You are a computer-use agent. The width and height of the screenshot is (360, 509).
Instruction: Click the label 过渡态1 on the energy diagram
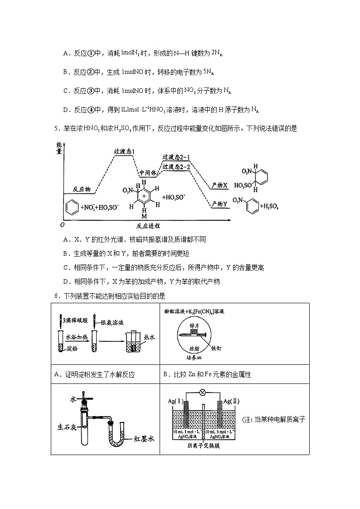(125, 151)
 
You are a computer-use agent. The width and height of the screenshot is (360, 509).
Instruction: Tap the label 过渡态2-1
(176, 157)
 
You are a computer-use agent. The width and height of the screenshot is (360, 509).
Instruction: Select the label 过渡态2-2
(176, 167)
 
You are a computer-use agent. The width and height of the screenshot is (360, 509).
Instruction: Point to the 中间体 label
(148, 173)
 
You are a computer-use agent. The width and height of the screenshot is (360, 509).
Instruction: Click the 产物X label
(219, 186)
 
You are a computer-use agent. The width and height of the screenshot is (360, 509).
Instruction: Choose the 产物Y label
(219, 204)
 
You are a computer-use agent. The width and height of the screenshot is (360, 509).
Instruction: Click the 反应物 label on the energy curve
(82, 189)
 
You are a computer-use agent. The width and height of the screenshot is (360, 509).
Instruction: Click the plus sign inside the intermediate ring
(144, 197)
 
